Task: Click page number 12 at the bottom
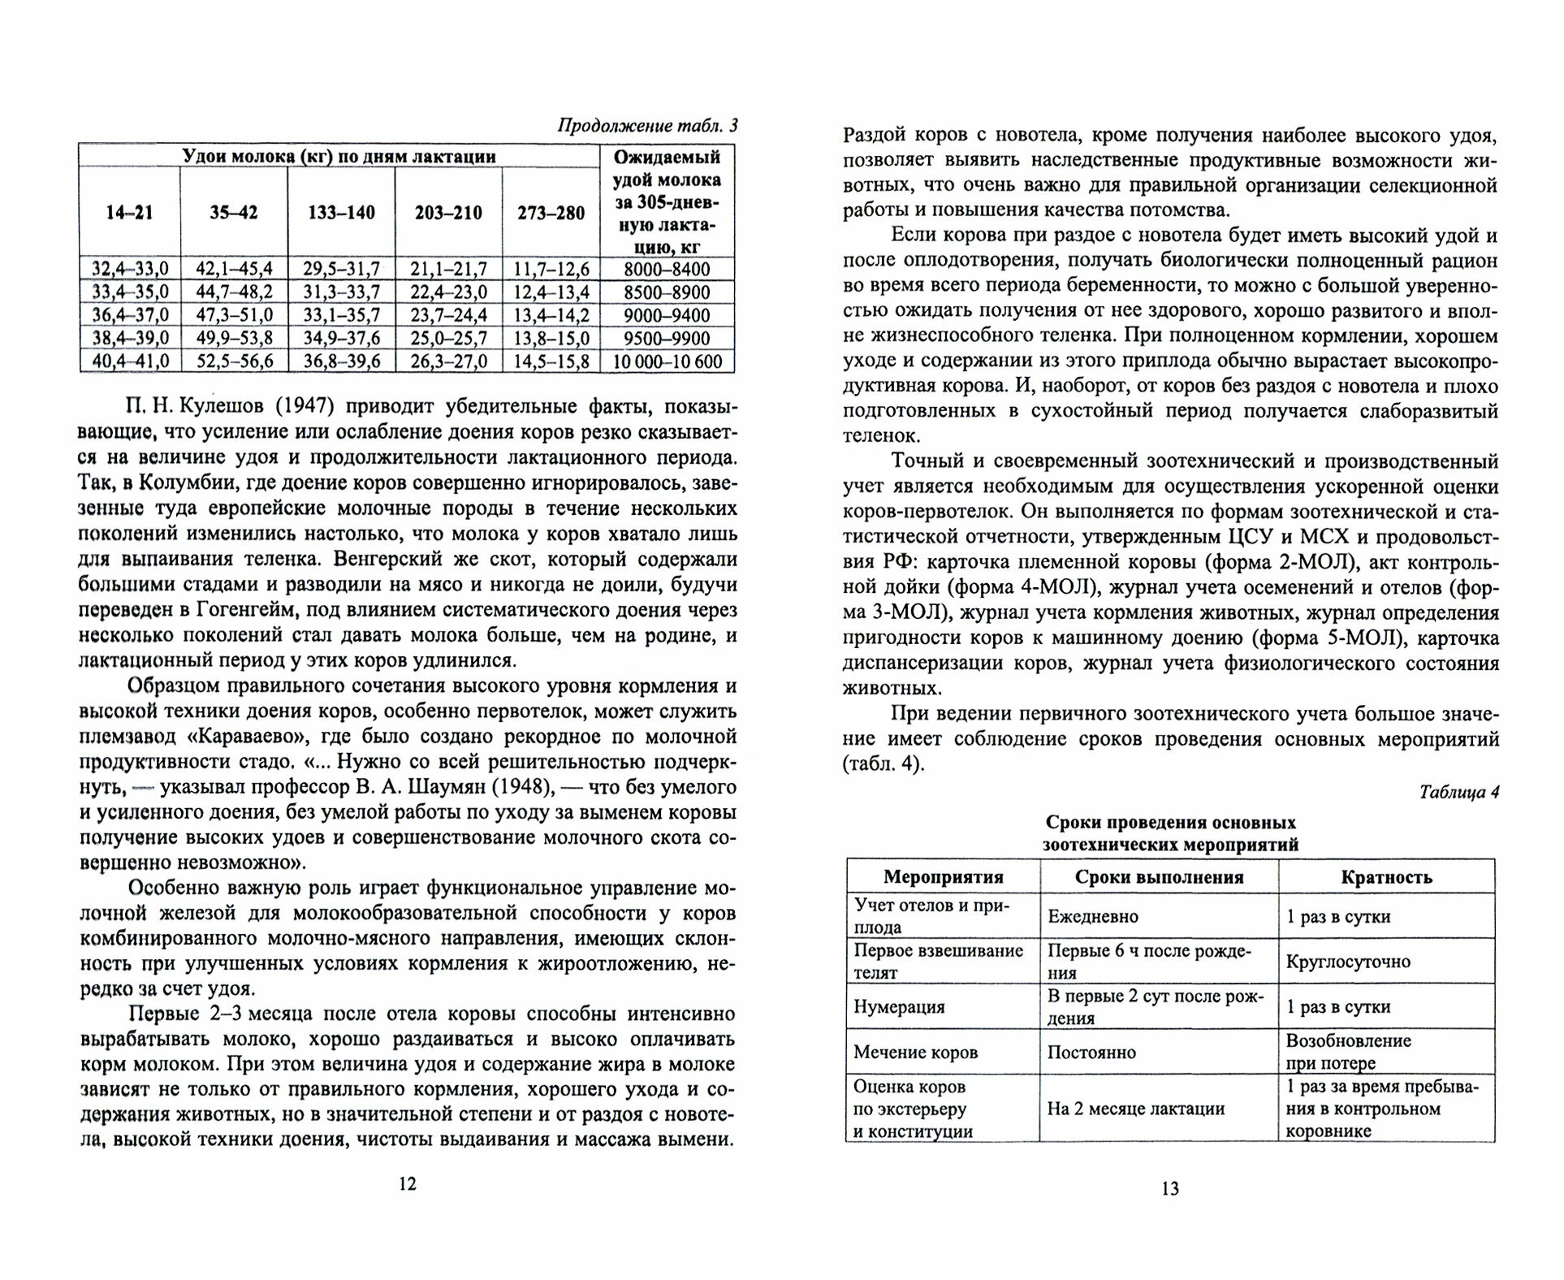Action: click(x=408, y=1183)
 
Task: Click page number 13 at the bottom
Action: click(x=1169, y=1189)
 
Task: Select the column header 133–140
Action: click(x=341, y=214)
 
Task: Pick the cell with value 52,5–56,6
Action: click(x=234, y=361)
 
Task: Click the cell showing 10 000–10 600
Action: click(x=668, y=361)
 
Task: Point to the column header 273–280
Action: click(x=551, y=214)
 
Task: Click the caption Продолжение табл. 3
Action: click(x=647, y=126)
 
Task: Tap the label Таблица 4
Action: click(x=1458, y=793)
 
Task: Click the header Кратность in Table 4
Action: click(x=1386, y=877)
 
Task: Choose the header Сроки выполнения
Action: click(x=1159, y=877)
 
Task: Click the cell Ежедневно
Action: click(x=1093, y=917)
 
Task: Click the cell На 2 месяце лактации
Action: click(x=1135, y=1109)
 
